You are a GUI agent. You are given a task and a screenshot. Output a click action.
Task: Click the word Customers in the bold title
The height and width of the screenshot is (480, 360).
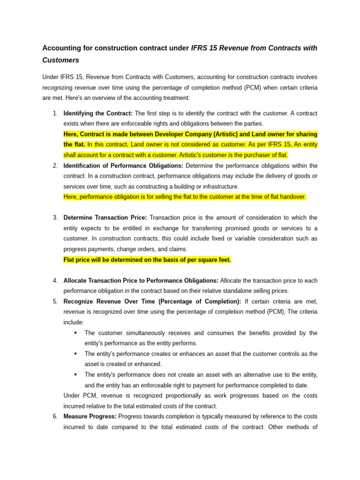point(60,60)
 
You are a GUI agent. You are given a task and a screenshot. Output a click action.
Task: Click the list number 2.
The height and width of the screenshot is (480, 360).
point(55,165)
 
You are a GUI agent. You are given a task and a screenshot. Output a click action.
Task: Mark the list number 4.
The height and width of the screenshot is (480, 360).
point(55,280)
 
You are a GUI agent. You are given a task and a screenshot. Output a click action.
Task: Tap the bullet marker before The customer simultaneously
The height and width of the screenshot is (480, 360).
point(75,333)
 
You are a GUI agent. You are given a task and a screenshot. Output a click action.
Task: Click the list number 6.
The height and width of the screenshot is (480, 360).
point(55,416)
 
